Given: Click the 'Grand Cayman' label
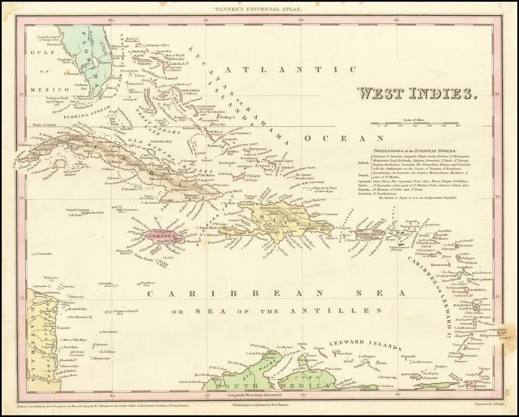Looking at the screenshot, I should (x=78, y=210).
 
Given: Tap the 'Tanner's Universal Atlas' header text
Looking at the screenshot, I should (x=259, y=8).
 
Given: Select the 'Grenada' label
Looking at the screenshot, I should (x=472, y=356).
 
